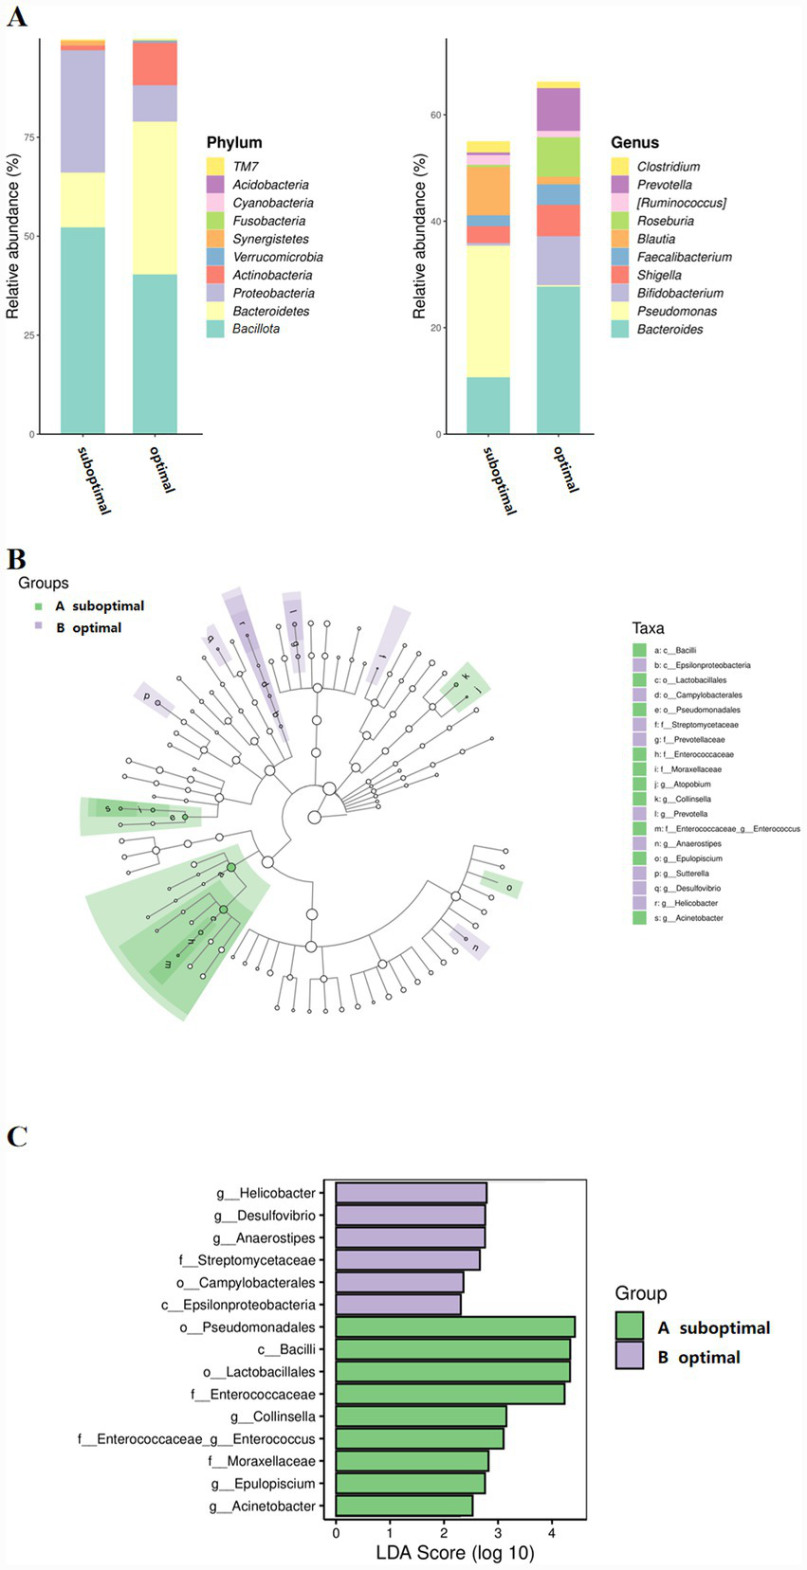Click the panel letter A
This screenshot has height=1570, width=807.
[16, 16]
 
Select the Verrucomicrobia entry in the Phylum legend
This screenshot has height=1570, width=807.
[278, 257]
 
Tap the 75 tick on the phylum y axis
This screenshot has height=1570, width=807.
[28, 137]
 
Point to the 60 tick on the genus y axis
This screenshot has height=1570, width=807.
[436, 115]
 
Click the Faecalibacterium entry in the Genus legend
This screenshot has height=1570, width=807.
[684, 257]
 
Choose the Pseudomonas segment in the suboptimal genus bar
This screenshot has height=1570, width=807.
[487, 311]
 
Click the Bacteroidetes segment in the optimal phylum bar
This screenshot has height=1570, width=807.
[155, 197]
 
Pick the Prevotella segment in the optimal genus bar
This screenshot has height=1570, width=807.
[559, 109]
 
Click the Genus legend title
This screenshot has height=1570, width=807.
[634, 143]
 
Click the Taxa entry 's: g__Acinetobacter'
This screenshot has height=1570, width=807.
[688, 918]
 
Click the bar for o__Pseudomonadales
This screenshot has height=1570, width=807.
[455, 1326]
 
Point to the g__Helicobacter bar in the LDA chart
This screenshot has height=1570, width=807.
[411, 1193]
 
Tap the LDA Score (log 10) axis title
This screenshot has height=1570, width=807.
[455, 1553]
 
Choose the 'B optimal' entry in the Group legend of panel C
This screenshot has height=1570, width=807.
[699, 1357]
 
